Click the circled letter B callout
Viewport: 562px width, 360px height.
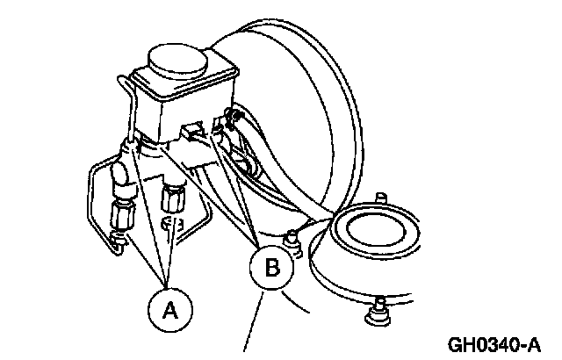coord(273,269)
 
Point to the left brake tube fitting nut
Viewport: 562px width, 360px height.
coord(122,214)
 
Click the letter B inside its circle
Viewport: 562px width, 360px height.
coord(273,269)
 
